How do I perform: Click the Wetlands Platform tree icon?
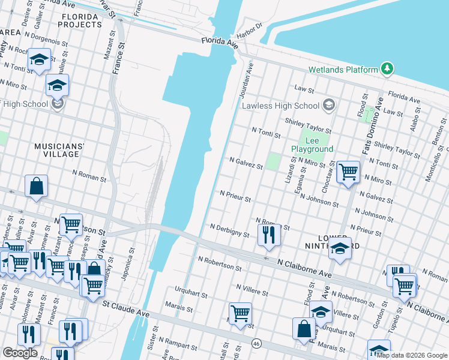[388, 70]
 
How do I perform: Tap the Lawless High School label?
[280, 106]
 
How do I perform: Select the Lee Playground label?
[312, 145]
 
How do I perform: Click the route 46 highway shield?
[256, 344]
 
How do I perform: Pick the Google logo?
[20, 353]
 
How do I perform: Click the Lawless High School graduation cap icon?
[328, 106]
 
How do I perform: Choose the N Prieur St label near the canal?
[235, 196]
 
